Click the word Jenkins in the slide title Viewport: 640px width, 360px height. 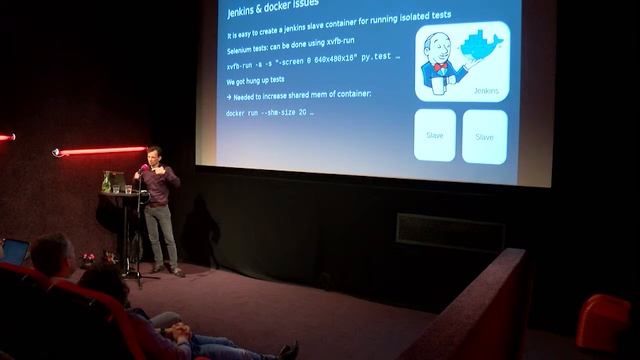pos(246,13)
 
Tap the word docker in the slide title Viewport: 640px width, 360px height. pos(289,13)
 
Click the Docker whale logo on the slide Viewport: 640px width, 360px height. pos(483,45)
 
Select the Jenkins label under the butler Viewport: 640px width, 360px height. pos(485,91)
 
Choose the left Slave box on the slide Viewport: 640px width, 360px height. pos(435,135)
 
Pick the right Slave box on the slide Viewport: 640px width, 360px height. pos(484,136)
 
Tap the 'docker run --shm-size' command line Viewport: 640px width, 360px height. pos(270,114)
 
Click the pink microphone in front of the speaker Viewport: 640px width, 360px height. pos(145,168)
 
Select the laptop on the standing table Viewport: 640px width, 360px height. pos(117,181)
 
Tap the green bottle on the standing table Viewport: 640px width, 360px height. pos(105,181)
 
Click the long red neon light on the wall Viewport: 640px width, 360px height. pos(101,151)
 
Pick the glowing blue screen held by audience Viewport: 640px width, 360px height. pos(14,251)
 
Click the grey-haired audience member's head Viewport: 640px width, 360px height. pos(51,252)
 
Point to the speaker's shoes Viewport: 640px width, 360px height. pos(167,269)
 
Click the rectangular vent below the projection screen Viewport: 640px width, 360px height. pos(449,232)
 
